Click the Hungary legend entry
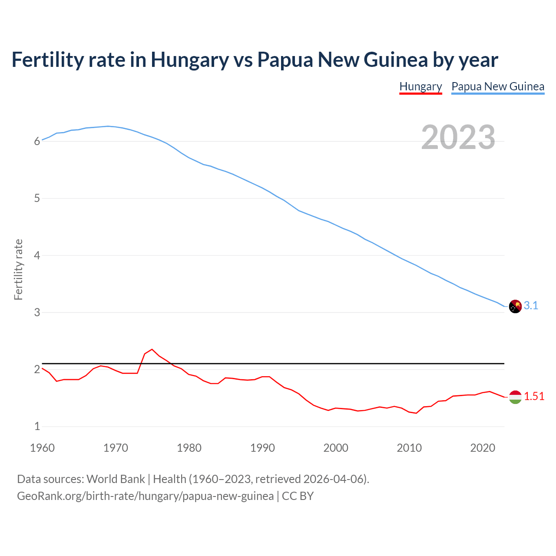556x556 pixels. (x=420, y=86)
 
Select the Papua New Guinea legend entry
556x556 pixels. (x=498, y=86)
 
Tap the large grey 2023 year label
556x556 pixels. (x=458, y=137)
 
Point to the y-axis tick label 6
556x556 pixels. (x=37, y=141)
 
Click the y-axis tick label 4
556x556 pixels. (x=37, y=255)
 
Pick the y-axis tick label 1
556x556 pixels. (x=37, y=427)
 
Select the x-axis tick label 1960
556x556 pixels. (x=42, y=448)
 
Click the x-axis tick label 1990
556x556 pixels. (x=262, y=448)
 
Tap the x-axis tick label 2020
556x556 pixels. (x=483, y=448)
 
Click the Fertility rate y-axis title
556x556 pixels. (x=18, y=269)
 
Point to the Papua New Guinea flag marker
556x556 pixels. (x=515, y=306)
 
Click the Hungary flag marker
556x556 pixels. (x=515, y=397)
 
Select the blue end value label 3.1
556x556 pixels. (x=531, y=306)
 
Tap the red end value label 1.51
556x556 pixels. (x=534, y=397)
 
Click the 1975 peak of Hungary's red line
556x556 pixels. (x=152, y=349)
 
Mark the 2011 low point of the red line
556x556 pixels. (x=416, y=413)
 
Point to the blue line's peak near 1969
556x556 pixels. (x=108, y=126)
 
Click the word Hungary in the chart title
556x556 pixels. (x=189, y=60)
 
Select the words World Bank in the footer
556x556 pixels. (x=116, y=479)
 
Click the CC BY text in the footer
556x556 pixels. (x=298, y=496)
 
